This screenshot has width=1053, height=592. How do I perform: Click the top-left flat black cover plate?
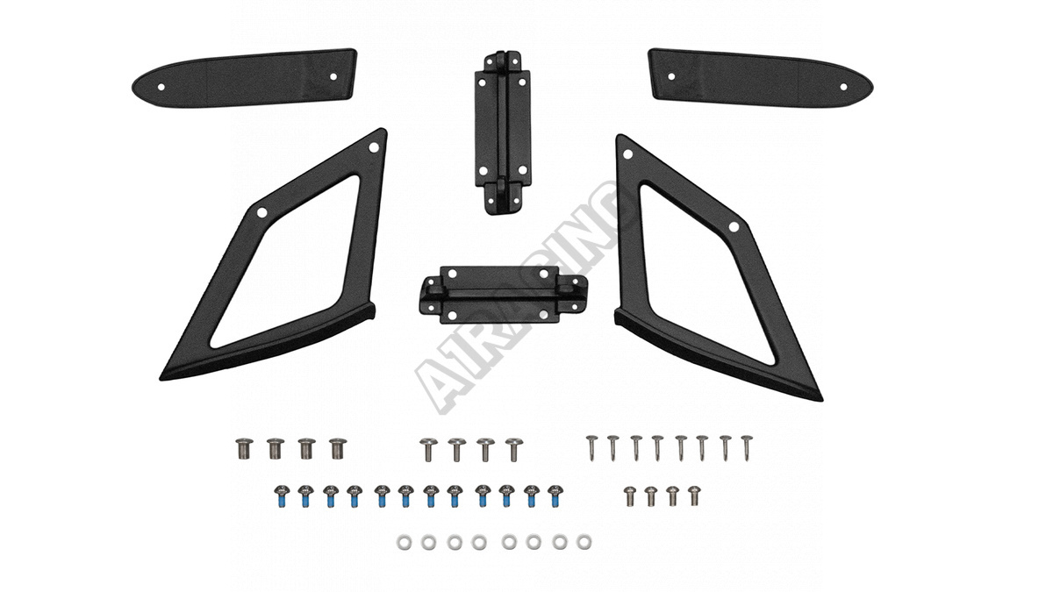pos(245,77)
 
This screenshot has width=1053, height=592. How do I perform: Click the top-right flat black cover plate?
pos(760,77)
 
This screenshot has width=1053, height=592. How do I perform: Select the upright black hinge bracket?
pos(502,133)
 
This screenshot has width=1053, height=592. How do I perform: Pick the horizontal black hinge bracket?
pos(503,295)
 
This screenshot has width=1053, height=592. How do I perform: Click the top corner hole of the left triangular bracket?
pos(374,147)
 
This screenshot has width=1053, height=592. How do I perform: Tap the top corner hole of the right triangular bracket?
pos(627,154)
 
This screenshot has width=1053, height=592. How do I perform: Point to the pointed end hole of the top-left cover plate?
pos(161,87)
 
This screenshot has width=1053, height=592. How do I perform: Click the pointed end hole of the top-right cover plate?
pos(843,87)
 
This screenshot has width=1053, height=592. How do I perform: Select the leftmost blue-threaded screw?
pos(281,496)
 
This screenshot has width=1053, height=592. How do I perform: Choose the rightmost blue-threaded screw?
pos(555,496)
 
